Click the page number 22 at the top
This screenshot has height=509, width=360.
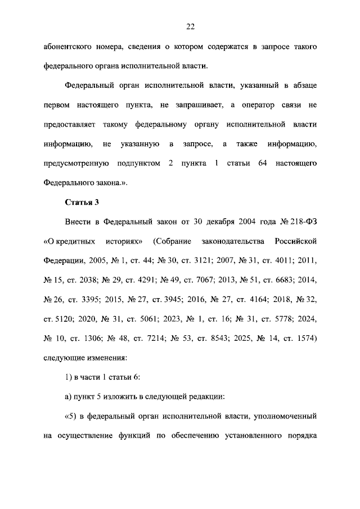pyautogui.click(x=190, y=26)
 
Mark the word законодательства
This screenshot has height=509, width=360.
pyautogui.click(x=232, y=241)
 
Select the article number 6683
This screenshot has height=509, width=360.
pyautogui.click(x=283, y=280)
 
